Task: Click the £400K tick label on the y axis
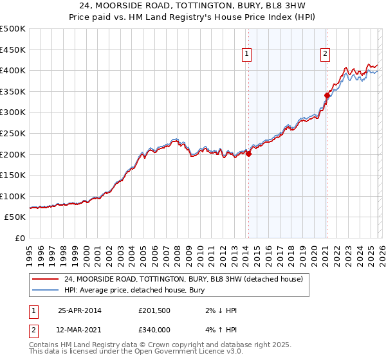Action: pyautogui.click(x=13, y=70)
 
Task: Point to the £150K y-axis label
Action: pyautogui.click(x=13, y=175)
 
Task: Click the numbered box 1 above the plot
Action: pyautogui.click(x=248, y=55)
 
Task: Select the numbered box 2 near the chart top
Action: pyautogui.click(x=326, y=55)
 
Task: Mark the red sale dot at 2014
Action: pyautogui.click(x=248, y=154)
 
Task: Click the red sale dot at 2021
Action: pyautogui.click(x=327, y=95)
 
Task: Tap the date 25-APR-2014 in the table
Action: pyautogui.click(x=80, y=310)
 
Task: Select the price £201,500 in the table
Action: pyautogui.click(x=154, y=310)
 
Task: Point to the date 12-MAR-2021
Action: pyautogui.click(x=80, y=329)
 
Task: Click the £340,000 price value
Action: pyautogui.click(x=154, y=329)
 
